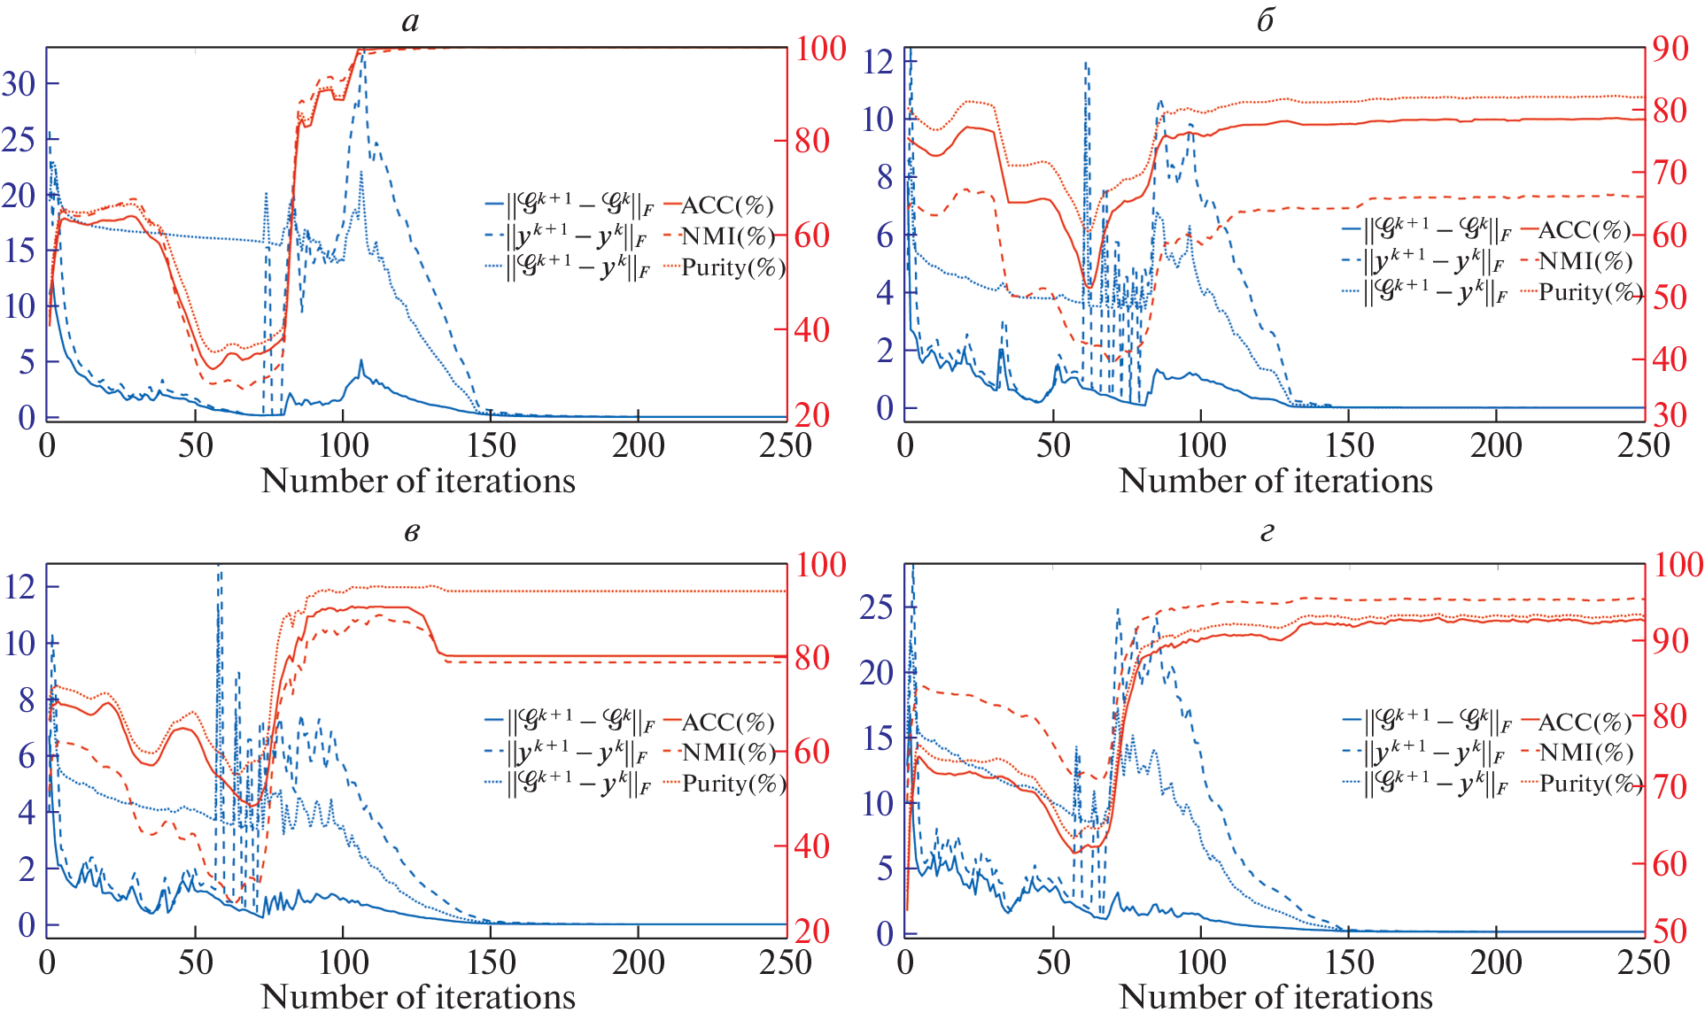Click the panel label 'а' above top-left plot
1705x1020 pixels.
(410, 21)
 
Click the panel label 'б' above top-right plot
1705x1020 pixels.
(1266, 21)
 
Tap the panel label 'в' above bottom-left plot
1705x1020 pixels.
(411, 533)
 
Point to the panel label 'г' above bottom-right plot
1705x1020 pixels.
(1267, 533)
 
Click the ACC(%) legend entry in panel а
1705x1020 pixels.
(726, 205)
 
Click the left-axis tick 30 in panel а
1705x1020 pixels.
(19, 84)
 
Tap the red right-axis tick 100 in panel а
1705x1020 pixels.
(821, 48)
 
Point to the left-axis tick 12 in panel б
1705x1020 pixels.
(879, 62)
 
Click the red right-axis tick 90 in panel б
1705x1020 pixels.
(1670, 49)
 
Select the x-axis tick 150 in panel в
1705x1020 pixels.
(491, 962)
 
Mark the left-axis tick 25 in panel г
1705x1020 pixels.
(877, 607)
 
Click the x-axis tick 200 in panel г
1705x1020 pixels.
(1496, 962)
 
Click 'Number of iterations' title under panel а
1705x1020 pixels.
(418, 481)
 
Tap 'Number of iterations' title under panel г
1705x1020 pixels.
(1275, 997)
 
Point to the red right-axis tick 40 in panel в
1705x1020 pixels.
(811, 846)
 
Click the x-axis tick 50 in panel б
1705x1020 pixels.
(1053, 445)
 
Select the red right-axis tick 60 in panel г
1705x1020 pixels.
(1670, 863)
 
